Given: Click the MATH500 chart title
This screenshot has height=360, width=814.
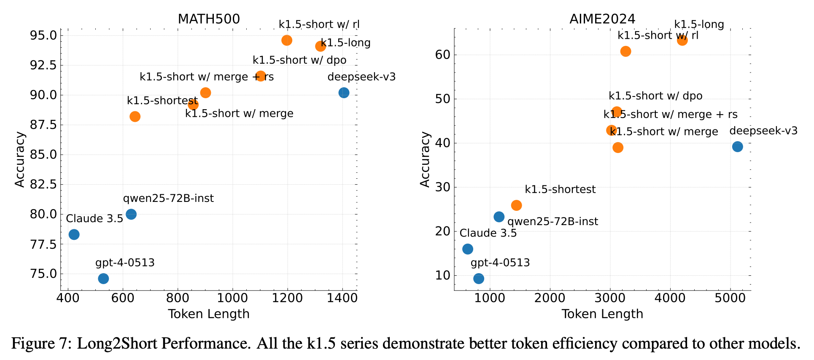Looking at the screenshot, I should pos(209,19).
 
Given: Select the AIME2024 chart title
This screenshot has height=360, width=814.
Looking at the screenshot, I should pos(602,19).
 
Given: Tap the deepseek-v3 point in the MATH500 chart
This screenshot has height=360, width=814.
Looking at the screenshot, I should pos(344,93).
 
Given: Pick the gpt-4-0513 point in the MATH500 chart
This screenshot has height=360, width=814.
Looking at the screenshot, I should pos(103,279).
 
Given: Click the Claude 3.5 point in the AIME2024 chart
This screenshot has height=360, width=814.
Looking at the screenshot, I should pos(468,249).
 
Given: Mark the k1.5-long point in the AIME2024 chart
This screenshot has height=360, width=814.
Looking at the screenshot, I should pos(682,40).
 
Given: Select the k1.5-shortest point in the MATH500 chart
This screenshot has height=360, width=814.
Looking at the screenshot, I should pos(135,117).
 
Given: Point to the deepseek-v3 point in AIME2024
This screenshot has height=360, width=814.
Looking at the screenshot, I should pos(738,147).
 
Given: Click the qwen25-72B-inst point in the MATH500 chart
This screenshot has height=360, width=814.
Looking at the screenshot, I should pos(131,214).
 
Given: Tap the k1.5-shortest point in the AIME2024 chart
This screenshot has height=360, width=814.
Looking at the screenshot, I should pos(517,205).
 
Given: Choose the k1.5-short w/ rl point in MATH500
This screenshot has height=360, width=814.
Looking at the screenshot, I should pos(287,40).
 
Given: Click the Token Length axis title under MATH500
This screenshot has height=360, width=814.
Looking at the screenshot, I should pos(209,314).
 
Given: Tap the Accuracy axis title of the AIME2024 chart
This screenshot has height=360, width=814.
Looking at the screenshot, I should pos(425,159).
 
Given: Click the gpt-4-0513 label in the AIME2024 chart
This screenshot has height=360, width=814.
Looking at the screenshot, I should pos(500,263).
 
